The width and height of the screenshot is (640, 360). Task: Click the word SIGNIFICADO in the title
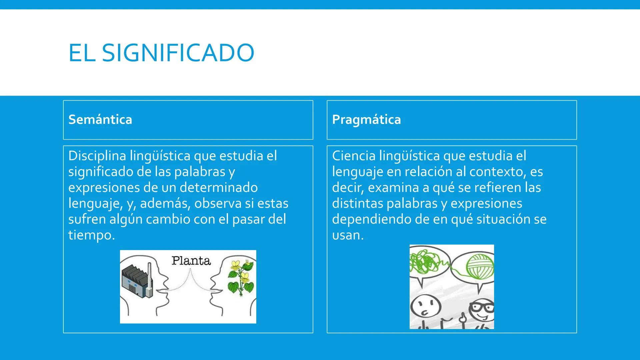coord(178,53)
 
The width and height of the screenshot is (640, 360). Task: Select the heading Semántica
coord(100,119)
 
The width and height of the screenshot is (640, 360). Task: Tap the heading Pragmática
coord(366,119)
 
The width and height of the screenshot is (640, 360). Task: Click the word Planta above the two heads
coord(191,261)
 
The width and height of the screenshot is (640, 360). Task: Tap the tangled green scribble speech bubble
coord(428,265)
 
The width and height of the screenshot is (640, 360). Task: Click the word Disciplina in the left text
coord(97,156)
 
